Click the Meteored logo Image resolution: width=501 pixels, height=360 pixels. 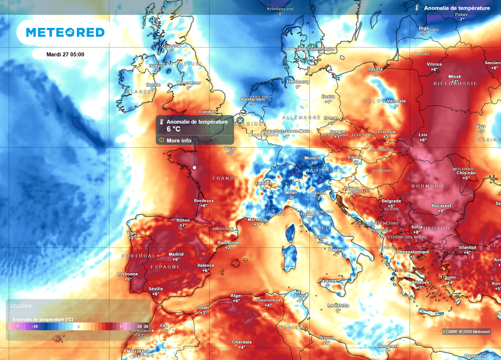[65, 32]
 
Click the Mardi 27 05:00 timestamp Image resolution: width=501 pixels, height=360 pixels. [65, 54]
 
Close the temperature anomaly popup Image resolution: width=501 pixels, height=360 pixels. [240, 120]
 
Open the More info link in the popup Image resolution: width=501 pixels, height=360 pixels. [179, 140]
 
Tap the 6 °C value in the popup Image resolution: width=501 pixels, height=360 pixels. [174, 129]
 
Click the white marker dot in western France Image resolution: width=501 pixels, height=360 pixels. [194, 168]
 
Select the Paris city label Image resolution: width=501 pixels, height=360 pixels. [229, 148]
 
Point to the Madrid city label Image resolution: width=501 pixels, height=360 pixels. [176, 254]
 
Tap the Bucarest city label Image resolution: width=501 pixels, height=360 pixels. [442, 205]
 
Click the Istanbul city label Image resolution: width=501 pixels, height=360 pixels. [467, 247]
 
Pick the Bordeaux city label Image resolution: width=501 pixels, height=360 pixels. [204, 201]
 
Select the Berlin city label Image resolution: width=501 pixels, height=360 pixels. [328, 97]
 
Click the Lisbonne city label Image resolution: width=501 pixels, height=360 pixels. [128, 274]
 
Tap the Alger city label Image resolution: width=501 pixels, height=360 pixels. [236, 295]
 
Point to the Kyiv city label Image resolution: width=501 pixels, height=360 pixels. [481, 127]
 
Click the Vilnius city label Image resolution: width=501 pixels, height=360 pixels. [434, 64]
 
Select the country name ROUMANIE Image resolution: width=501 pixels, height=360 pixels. [428, 186]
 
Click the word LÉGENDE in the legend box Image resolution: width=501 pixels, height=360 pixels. [22, 306]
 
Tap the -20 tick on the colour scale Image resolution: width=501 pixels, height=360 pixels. [17, 326]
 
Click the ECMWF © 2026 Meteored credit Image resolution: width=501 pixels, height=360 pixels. [466, 332]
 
